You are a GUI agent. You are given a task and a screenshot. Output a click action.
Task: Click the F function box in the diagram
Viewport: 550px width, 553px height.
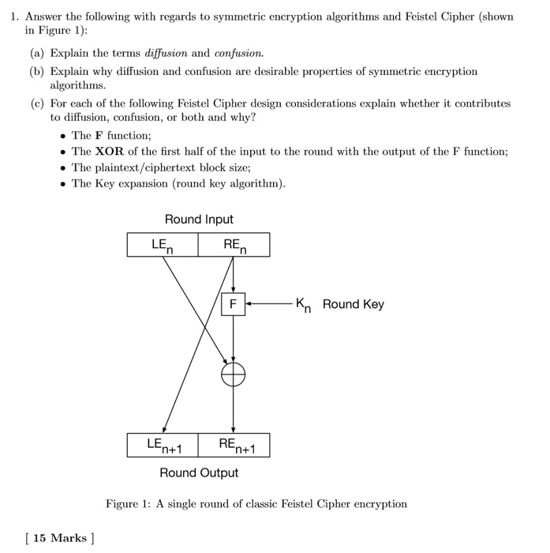click(233, 304)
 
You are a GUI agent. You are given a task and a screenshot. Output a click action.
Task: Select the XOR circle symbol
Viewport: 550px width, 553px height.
click(233, 374)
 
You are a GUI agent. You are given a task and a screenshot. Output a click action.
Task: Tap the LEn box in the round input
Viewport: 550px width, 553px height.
click(163, 246)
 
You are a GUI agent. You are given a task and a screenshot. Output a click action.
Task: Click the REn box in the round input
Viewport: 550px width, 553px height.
click(234, 246)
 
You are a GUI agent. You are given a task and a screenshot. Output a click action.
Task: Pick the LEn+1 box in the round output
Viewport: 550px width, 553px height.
click(163, 446)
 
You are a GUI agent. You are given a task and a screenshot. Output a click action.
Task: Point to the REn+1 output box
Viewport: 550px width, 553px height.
click(234, 446)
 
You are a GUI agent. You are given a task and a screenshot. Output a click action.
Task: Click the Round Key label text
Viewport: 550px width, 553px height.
click(353, 304)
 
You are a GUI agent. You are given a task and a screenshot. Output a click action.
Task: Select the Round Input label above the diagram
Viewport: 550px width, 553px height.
click(199, 220)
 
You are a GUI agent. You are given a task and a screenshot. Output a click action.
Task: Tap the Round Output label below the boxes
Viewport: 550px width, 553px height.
click(199, 473)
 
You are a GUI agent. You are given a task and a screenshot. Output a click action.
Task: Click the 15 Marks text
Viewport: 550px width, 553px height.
click(59, 539)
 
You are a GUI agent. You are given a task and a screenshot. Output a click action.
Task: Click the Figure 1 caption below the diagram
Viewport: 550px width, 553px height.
click(256, 504)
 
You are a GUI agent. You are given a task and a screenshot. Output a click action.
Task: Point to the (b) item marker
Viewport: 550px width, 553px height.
click(38, 72)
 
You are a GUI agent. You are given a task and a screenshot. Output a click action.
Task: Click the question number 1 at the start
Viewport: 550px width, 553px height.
click(9, 17)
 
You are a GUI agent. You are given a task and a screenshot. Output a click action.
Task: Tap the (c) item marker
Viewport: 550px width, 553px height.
click(38, 103)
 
